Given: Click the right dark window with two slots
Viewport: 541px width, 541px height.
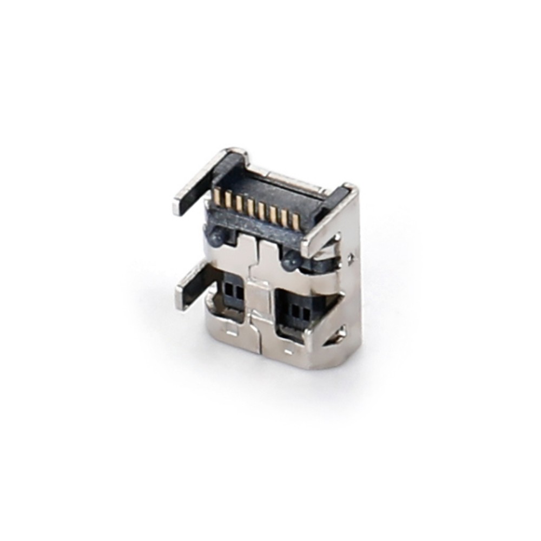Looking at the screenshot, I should coord(298,312).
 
